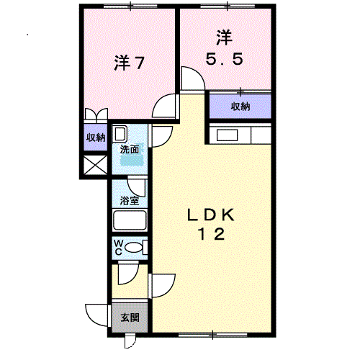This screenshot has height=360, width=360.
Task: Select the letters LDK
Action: tap(212, 215)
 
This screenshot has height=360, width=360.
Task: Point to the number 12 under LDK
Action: tap(212, 233)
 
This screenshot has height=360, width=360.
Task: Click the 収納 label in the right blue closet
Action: tap(240, 107)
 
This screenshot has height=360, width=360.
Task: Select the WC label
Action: tap(117, 247)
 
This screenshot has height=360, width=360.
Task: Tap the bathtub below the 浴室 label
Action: tap(130, 221)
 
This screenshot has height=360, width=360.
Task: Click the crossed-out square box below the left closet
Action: tap(95, 165)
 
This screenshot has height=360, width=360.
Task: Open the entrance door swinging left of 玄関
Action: tap(97, 315)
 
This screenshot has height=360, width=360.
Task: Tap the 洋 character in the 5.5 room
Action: tap(223, 36)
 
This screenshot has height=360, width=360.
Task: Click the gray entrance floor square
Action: tap(130, 318)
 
